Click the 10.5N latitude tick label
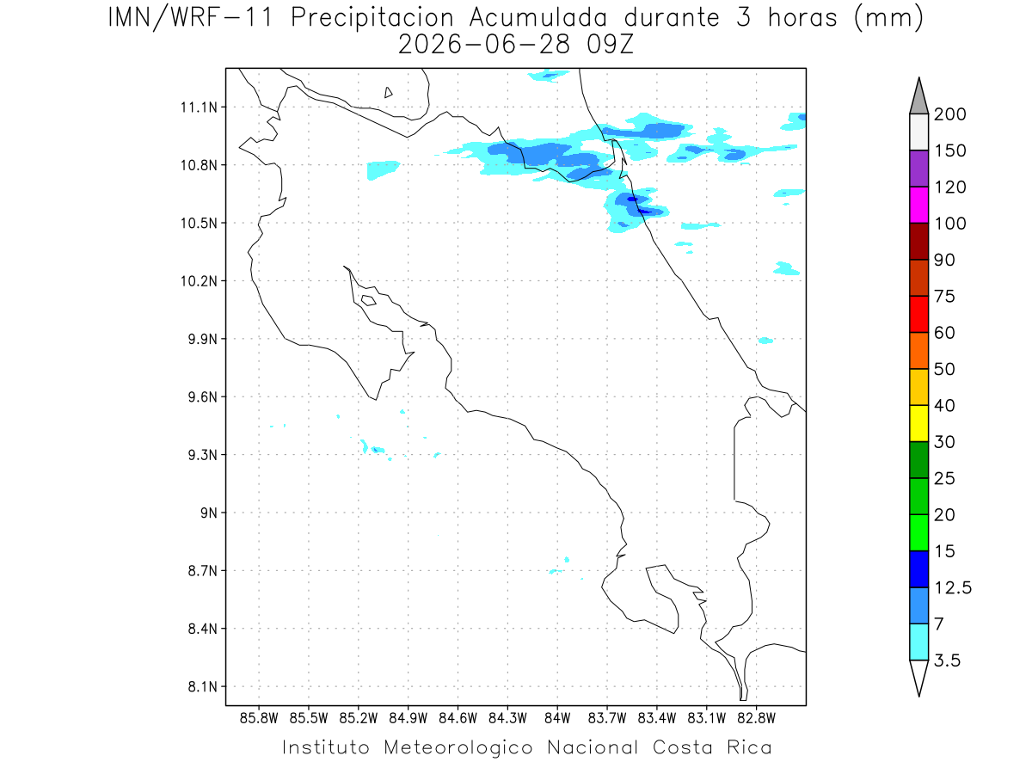[x=199, y=224]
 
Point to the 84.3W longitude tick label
[x=507, y=719]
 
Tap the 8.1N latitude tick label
[x=203, y=687]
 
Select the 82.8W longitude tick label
[x=756, y=719]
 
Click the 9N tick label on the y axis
[x=209, y=513]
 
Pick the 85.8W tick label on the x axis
[x=259, y=719]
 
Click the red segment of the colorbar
[x=918, y=314]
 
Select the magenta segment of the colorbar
[x=918, y=205]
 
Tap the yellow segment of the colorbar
[x=918, y=423]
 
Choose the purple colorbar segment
[x=918, y=169]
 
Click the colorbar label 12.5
[x=953, y=588]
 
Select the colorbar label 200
[x=949, y=114]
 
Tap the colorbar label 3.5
[x=947, y=660]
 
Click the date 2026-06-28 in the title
[x=484, y=45]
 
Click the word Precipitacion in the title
[x=372, y=18]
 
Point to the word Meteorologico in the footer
[x=458, y=747]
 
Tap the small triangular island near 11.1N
[x=388, y=92]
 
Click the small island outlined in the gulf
[x=369, y=300]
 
